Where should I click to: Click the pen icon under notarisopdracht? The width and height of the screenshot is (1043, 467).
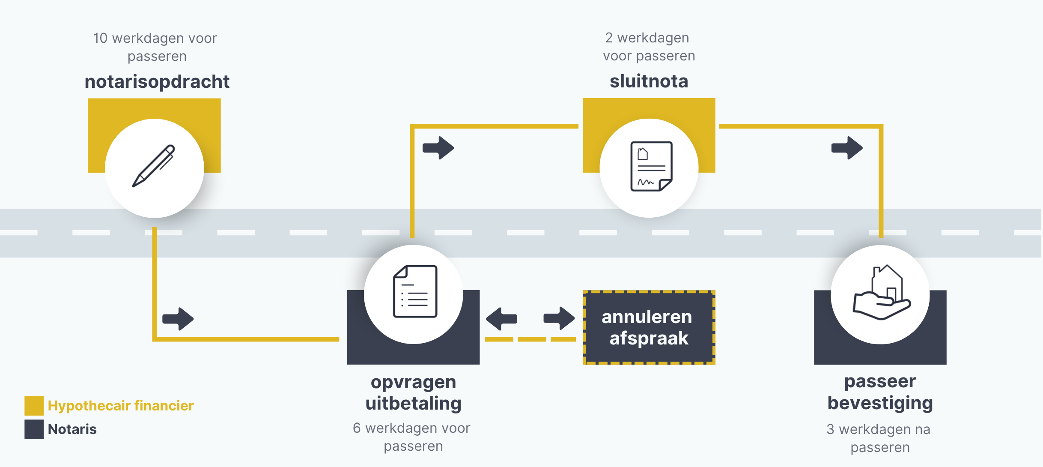tap(154, 166)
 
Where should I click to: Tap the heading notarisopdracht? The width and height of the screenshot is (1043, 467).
tap(157, 81)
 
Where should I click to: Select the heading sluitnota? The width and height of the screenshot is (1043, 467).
tap(649, 81)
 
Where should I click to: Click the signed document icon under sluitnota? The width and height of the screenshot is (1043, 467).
tap(651, 166)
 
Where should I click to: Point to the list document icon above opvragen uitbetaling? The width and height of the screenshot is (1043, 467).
tap(414, 291)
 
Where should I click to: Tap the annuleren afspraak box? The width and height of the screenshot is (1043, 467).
tap(649, 327)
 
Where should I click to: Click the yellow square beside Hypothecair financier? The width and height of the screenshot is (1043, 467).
tap(34, 406)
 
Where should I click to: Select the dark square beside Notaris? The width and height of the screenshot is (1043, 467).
tap(34, 429)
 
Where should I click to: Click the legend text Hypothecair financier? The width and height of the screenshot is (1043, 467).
tap(121, 406)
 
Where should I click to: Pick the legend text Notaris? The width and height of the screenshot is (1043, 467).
tap(72, 429)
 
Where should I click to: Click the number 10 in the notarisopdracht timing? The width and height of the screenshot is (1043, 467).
tap(100, 38)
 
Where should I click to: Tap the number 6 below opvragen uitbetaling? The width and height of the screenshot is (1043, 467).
tap(357, 428)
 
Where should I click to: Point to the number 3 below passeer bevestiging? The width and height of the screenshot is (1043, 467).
tap(830, 429)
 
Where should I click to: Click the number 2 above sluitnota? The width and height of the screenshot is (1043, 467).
tap(609, 38)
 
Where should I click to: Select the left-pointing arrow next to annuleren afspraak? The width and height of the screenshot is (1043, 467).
tap(501, 319)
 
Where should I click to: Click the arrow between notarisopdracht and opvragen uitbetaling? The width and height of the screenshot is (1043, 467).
tap(178, 319)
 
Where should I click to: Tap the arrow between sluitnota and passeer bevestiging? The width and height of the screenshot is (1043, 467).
tap(847, 148)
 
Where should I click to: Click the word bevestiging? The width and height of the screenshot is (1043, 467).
tap(880, 403)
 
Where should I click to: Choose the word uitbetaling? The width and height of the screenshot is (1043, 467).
tap(413, 404)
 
